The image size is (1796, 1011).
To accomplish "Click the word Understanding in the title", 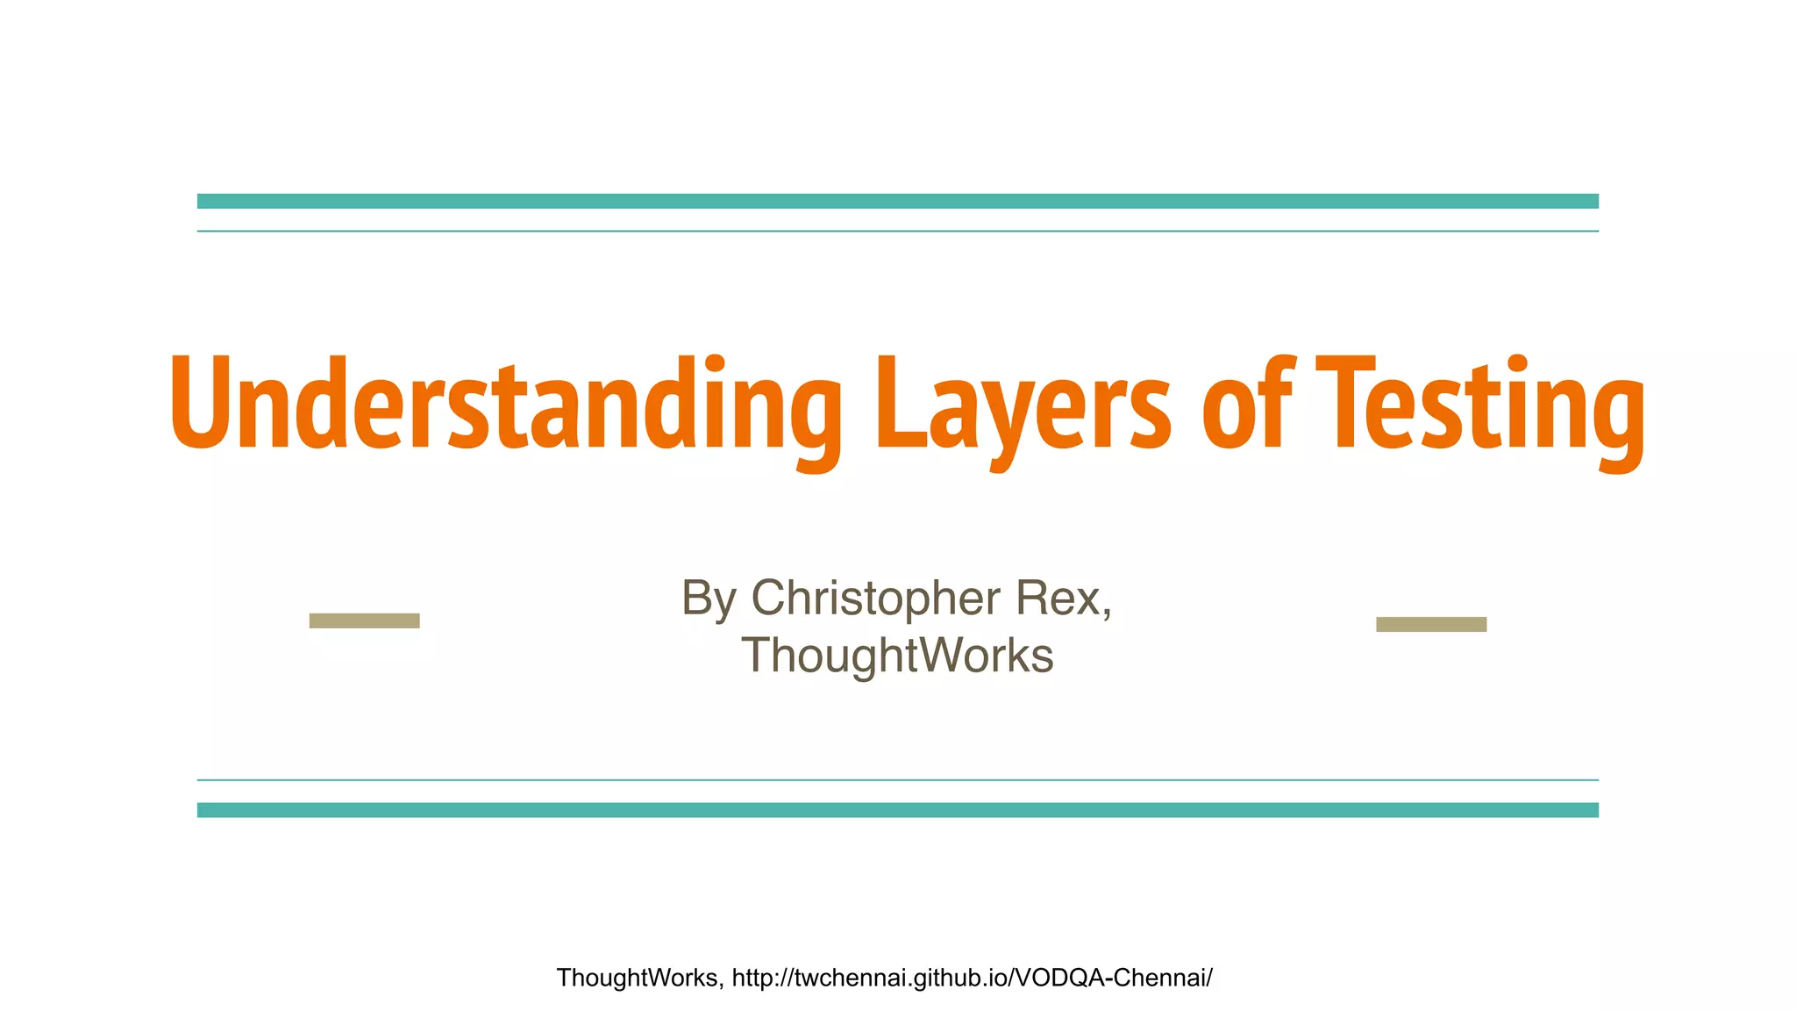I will (x=504, y=404).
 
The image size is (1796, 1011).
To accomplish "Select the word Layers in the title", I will (x=1023, y=404).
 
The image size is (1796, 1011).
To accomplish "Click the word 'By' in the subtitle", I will (x=709, y=599).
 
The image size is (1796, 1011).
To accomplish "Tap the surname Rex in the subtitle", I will (x=1058, y=599).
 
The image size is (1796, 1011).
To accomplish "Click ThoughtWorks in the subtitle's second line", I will (x=897, y=656).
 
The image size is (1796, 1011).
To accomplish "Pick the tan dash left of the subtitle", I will (x=365, y=620).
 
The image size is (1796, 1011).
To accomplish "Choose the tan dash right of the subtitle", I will (x=1431, y=624).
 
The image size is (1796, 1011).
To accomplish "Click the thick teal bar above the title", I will (x=898, y=201).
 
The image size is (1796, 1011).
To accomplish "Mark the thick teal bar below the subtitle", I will (x=898, y=810).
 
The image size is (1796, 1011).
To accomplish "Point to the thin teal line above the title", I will (x=898, y=231).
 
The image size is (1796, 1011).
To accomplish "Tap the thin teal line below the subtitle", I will (x=898, y=779).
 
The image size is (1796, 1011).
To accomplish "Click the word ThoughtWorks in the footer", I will (x=638, y=978).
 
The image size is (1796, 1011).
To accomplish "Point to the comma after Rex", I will (x=1107, y=613).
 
